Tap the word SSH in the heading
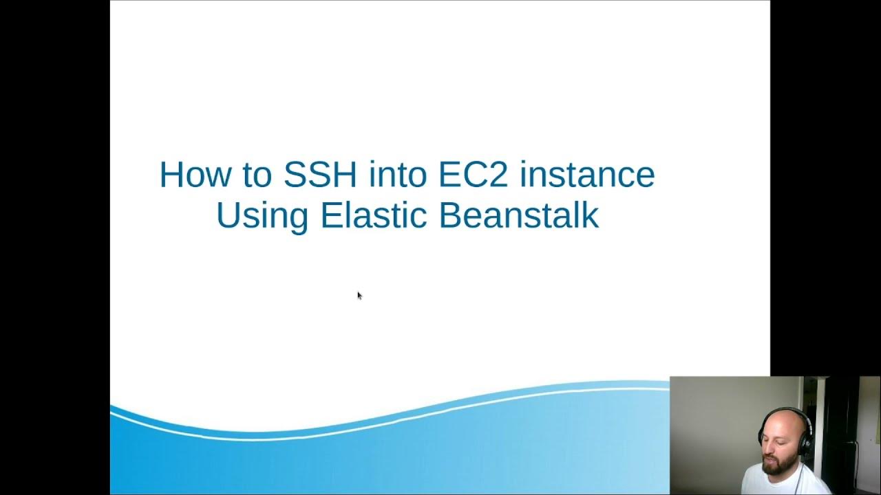click(320, 175)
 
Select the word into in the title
click(398, 175)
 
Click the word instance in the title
click(587, 175)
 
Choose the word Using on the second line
click(262, 216)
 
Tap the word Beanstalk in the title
click(518, 214)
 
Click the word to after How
click(256, 176)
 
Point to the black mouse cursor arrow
click(359, 296)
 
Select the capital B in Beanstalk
click(449, 214)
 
